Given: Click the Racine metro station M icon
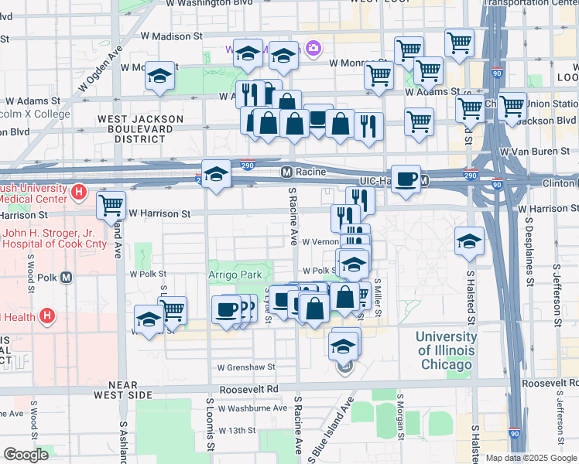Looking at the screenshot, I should [286, 171].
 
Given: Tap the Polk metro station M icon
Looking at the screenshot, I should [66, 278].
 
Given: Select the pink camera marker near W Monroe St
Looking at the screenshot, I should [313, 49].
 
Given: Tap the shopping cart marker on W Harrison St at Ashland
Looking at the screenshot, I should [111, 206].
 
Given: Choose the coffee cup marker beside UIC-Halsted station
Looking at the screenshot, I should [406, 179].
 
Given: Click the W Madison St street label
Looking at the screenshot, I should [171, 36].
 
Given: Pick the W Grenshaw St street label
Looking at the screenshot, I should [246, 367].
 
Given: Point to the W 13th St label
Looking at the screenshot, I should [237, 430].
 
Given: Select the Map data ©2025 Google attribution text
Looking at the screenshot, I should [530, 458].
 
